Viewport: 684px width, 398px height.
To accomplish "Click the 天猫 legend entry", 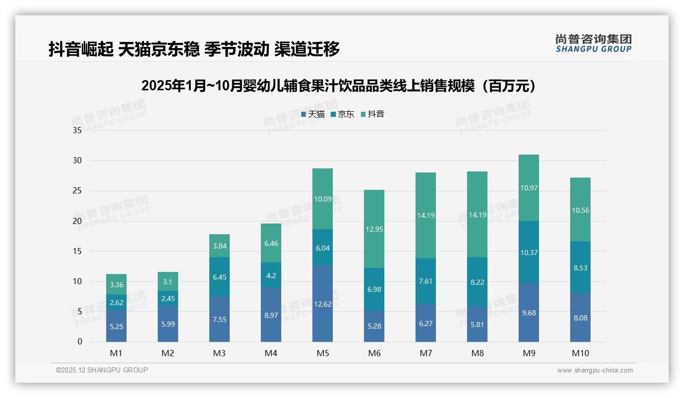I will pos(313,114).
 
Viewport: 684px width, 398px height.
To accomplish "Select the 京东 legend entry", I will pos(343,114).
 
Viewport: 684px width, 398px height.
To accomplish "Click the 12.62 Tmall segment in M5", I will pos(323,304).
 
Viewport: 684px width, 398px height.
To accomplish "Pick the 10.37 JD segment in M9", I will pos(529,252).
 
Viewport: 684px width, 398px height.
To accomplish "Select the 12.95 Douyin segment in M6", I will pos(374,229).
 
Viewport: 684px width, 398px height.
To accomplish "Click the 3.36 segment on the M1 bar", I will pos(116,285).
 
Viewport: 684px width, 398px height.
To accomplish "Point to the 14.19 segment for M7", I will pos(426,215).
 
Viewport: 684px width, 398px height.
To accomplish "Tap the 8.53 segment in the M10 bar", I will pos(580,267).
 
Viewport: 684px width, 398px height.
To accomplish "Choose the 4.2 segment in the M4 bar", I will pos(271,275).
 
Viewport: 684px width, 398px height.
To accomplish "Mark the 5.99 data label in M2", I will pos(168,324).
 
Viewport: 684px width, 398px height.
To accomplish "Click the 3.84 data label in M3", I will pos(219,246).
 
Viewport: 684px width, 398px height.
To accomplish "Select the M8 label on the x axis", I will pos(477,353).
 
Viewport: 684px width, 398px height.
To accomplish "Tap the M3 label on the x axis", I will pos(219,353).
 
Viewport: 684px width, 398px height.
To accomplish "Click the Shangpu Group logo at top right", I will pos(593,43).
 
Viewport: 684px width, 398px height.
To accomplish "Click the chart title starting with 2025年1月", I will pos(341,86).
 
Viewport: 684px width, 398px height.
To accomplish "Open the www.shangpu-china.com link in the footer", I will pos(595,370).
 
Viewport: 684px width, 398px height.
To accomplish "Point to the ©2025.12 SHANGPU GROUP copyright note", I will pos(102,370).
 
